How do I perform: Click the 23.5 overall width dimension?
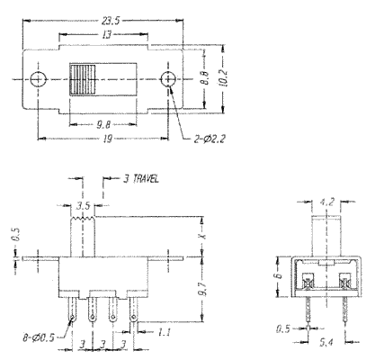tap(111, 21)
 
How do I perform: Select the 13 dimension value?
tap(107, 35)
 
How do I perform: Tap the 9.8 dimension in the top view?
tap(103, 124)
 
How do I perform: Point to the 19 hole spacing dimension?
tap(108, 139)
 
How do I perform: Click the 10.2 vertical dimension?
tap(223, 78)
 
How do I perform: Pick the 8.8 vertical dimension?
tap(206, 78)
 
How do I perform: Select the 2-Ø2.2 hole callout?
tap(210, 139)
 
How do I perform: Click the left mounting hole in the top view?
tap(39, 79)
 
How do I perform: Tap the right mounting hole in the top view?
tap(168, 79)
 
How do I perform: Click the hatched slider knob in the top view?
tap(83, 79)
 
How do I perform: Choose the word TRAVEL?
tap(146, 179)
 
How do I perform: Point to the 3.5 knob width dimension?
tap(83, 206)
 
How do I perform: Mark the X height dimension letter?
tap(203, 236)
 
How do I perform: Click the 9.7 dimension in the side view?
tap(203, 288)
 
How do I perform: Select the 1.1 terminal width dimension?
tap(164, 332)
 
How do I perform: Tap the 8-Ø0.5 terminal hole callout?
tap(39, 337)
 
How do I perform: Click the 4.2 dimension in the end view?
tap(326, 202)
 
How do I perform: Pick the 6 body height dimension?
tap(279, 275)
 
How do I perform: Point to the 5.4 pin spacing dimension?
tap(326, 342)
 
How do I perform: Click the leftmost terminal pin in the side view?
tap(73, 309)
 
